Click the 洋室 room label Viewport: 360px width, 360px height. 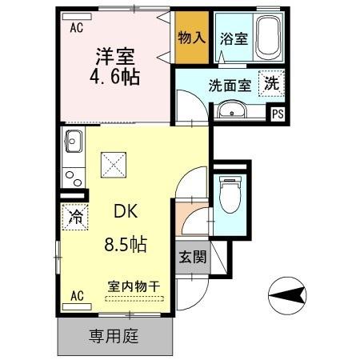coord(114,58)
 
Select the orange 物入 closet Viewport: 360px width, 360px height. coord(192,38)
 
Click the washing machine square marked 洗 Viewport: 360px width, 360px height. coord(272,83)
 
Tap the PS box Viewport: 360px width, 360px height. coord(278,114)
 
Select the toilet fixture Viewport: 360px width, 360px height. coord(230,195)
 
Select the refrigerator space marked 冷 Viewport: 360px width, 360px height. coord(75,216)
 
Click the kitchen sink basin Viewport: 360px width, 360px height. coord(73,142)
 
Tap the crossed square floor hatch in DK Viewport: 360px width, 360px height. coord(112,166)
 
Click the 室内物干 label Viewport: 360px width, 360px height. coord(133,286)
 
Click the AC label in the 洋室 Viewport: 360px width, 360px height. coord(76,27)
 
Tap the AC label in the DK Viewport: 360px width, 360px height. coord(76,295)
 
